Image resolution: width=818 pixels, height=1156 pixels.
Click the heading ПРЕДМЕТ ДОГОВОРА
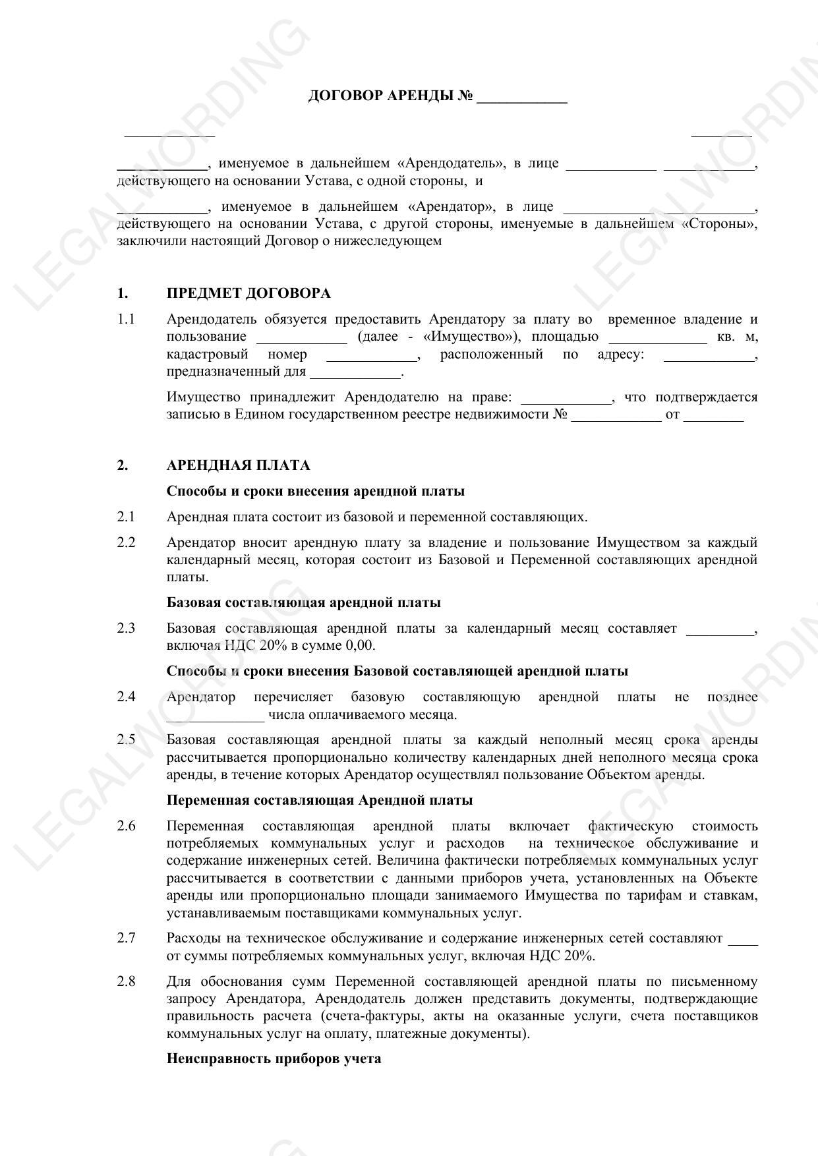(x=248, y=293)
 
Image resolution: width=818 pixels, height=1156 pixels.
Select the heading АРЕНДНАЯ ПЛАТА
(x=238, y=465)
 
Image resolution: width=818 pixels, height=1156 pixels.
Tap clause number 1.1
(x=126, y=320)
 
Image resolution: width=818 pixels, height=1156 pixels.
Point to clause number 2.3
(x=126, y=628)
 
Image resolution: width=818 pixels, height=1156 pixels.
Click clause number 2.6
(x=126, y=826)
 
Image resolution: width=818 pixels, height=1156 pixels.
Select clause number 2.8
(x=126, y=981)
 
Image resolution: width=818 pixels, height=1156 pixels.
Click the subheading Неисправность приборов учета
(x=274, y=1059)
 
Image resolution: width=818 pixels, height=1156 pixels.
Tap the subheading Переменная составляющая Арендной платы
(x=319, y=800)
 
